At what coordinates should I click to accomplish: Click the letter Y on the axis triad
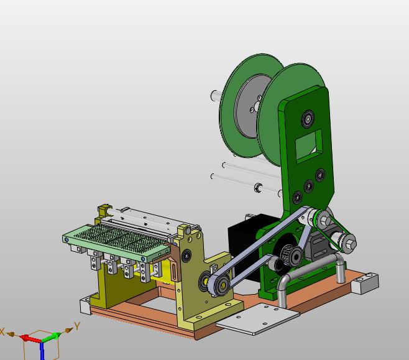[x=76, y=326]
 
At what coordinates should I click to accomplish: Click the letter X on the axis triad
[x=2, y=332]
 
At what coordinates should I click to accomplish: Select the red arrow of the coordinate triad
[x=30, y=339]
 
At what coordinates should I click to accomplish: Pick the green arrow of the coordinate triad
[x=52, y=337]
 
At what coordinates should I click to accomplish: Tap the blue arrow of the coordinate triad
[x=42, y=351]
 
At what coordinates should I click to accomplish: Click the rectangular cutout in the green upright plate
[x=309, y=146]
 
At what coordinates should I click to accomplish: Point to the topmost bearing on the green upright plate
[x=308, y=119]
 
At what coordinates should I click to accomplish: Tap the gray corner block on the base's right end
[x=365, y=282]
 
